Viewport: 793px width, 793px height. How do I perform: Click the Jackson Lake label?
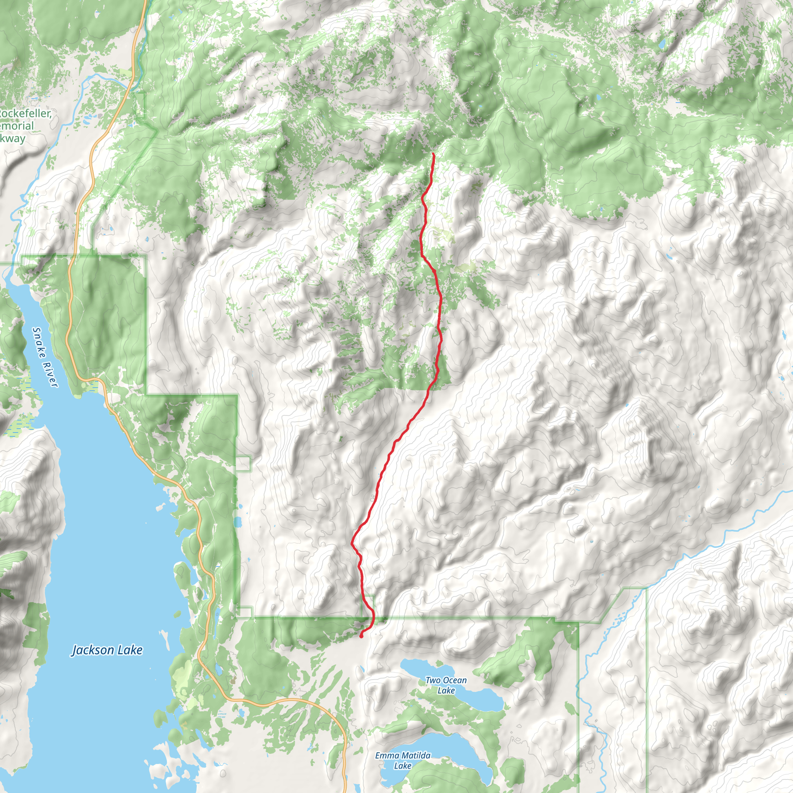(x=107, y=650)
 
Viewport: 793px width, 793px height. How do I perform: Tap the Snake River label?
(x=45, y=357)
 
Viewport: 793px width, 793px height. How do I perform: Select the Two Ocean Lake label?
(x=446, y=685)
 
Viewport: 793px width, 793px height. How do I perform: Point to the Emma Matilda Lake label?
(x=403, y=760)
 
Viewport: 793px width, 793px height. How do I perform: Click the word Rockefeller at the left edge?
(x=26, y=113)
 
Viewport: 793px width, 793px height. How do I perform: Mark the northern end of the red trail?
(x=433, y=153)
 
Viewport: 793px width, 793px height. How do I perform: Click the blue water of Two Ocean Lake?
(x=480, y=698)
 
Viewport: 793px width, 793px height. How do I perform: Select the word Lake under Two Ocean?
(x=446, y=690)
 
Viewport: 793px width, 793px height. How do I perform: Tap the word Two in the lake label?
(x=433, y=680)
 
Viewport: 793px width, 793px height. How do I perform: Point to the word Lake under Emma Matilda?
(x=403, y=766)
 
